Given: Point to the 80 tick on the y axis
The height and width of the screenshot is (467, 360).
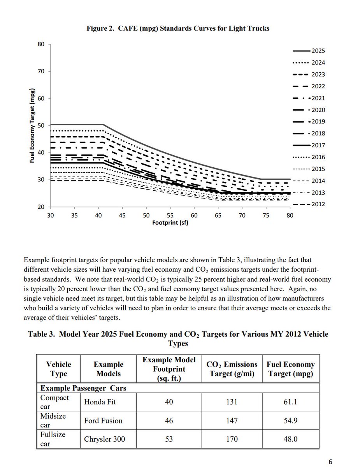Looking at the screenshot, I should (x=40, y=44).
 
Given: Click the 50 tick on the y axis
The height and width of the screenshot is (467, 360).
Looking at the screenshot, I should (x=40, y=125).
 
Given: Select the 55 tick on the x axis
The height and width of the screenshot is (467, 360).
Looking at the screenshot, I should (x=170, y=215).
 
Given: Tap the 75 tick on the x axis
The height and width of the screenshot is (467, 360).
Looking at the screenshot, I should (x=266, y=215).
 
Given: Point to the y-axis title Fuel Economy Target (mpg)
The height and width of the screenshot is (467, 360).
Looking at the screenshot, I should (x=33, y=125).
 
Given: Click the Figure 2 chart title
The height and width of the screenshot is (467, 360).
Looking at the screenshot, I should (x=178, y=29).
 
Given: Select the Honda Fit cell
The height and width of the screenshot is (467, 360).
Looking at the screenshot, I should (x=99, y=402).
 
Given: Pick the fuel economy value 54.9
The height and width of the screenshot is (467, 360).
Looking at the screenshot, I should (x=290, y=420).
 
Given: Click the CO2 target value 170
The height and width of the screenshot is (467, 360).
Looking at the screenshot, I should (x=232, y=439).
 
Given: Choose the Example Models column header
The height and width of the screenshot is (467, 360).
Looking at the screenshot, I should (x=108, y=369).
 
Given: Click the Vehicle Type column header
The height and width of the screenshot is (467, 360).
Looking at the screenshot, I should (x=59, y=369).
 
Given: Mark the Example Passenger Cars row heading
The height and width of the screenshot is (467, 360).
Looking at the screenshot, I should (x=83, y=388).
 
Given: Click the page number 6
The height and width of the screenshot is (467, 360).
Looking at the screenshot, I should (x=330, y=462).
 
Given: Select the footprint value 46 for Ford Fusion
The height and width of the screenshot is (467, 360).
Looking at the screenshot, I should (x=169, y=420).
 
